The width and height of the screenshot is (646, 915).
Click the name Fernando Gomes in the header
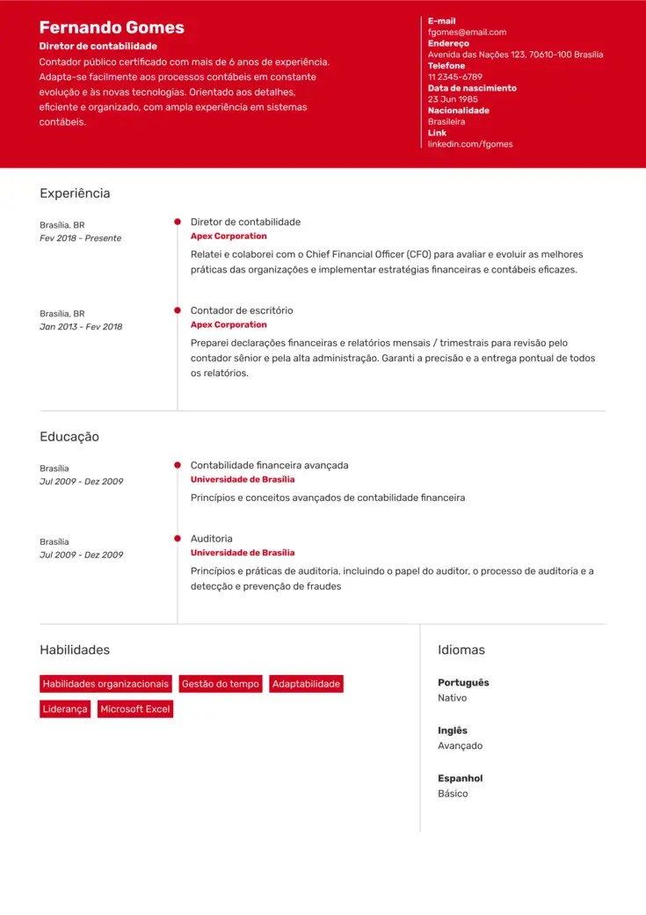point(112,27)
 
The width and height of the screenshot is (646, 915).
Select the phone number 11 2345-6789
point(454,77)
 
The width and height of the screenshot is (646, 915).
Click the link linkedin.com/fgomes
point(470,144)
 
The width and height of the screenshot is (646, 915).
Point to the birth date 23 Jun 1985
point(453,99)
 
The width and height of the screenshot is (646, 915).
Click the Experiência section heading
point(75,193)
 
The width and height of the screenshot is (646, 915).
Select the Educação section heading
point(69,437)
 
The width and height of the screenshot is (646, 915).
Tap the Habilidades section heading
point(75,650)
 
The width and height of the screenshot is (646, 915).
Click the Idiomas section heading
point(461,650)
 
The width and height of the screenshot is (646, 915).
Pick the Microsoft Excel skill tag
point(135,709)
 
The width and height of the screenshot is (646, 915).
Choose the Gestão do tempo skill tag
point(221,684)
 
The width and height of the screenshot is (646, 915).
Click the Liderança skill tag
point(65,709)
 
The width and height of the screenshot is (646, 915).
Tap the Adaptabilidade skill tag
point(306,684)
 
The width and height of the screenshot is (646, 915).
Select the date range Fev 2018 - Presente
point(81,238)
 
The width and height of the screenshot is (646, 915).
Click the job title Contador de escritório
point(242,310)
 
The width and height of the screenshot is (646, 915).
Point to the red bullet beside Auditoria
point(178,538)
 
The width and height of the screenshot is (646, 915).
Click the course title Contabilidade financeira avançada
point(269,465)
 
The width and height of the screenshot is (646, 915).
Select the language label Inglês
point(453,730)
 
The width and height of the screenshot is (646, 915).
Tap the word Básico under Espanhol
point(453,794)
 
